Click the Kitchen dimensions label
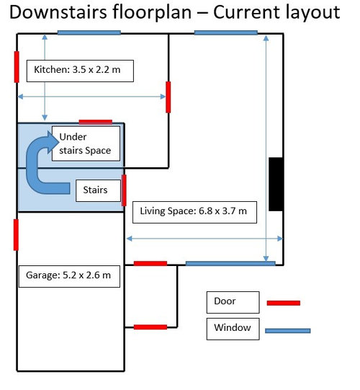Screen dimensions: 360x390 pos(80,71)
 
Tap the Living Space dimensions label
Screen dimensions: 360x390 pos(194,212)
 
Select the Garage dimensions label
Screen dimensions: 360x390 pos(69,276)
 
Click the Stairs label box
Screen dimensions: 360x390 pos(98,190)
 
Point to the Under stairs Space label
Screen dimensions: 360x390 pos(86,143)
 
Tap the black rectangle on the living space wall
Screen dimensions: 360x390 pos(276,184)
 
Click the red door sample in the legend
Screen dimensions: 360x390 pos(284,303)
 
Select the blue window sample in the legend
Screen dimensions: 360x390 pos(288,331)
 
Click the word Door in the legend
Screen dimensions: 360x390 pos(225,301)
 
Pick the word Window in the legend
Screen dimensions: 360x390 pos(233,327)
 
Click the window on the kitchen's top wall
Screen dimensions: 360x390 pos(89,32)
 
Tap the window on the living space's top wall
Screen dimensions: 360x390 pos(226,32)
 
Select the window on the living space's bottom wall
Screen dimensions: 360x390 pos(230,263)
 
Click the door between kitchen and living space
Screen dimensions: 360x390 pos(168,97)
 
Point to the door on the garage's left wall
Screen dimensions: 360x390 pos(16,235)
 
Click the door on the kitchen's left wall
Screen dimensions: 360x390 pos(17,67)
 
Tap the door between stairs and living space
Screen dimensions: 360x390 pos(124,190)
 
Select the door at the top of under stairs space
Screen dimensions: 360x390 pos(96,122)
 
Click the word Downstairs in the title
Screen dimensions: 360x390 pos(58,12)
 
